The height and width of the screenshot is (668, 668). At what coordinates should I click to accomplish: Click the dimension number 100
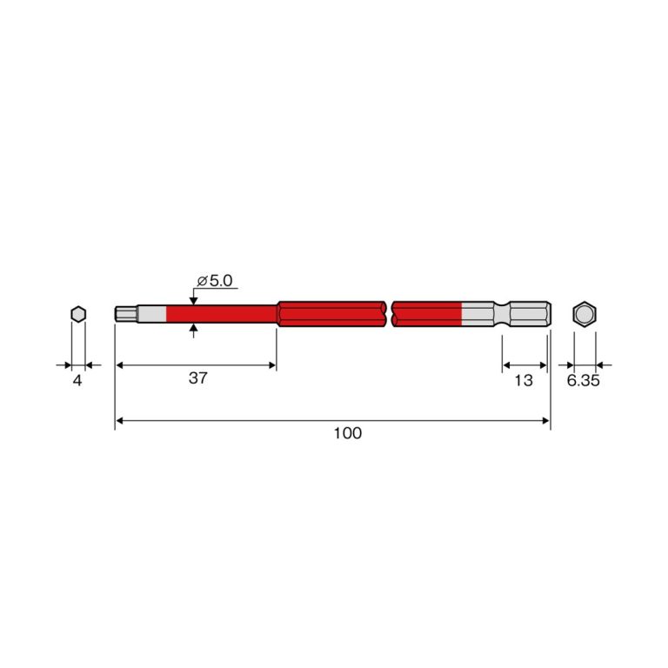tap(347, 433)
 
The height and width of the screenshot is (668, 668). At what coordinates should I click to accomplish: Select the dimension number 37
tap(198, 377)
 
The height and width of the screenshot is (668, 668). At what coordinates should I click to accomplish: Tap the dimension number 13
tap(524, 380)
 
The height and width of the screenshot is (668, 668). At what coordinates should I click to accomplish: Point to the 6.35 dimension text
tap(584, 380)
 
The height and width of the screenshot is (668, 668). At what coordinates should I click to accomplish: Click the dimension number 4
tap(77, 380)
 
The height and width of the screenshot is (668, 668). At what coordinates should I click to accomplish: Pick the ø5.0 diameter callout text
tap(215, 281)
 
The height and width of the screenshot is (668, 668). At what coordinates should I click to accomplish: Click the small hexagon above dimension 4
tap(78, 314)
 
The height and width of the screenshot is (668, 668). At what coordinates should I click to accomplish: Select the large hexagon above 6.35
tap(584, 314)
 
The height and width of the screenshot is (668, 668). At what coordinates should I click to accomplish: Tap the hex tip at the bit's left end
tap(126, 314)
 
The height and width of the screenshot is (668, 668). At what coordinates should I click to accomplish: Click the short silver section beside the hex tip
tap(151, 314)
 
